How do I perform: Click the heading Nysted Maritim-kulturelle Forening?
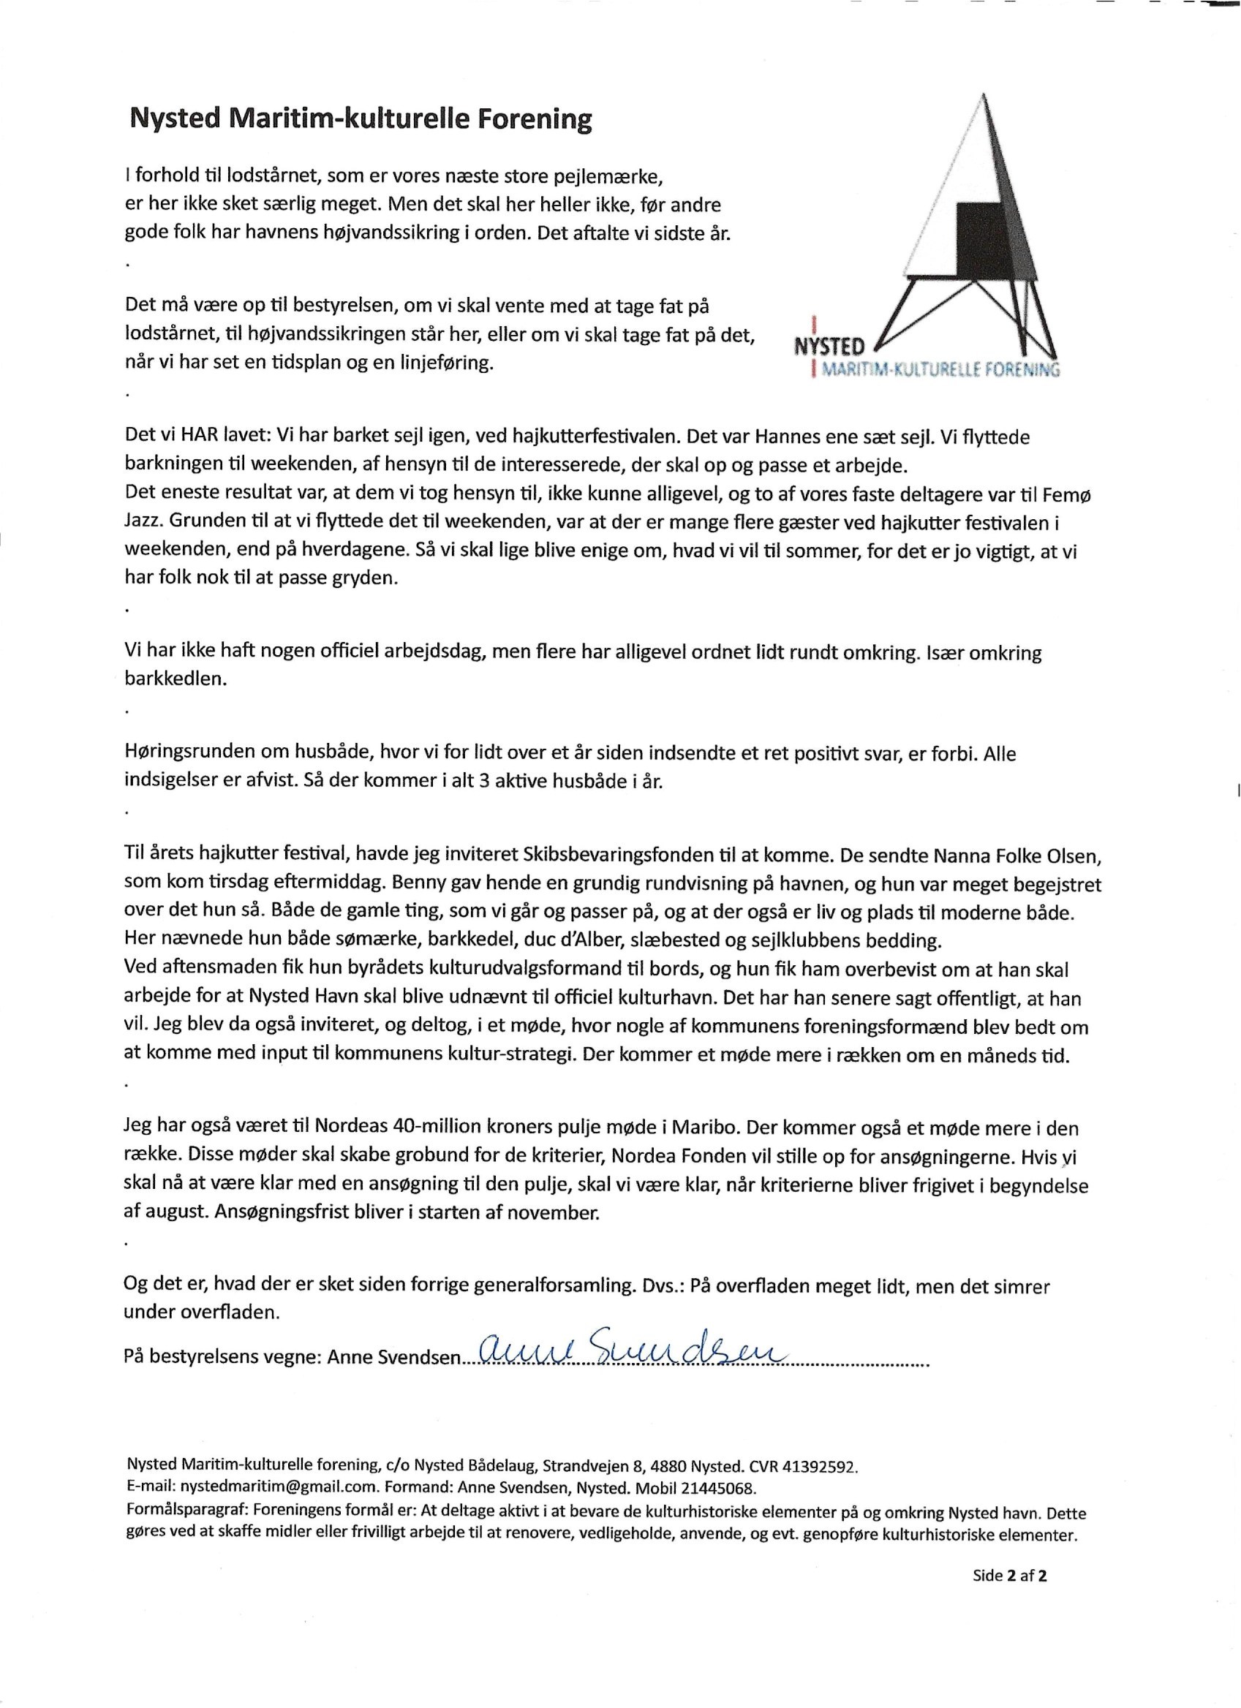pos(361,120)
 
